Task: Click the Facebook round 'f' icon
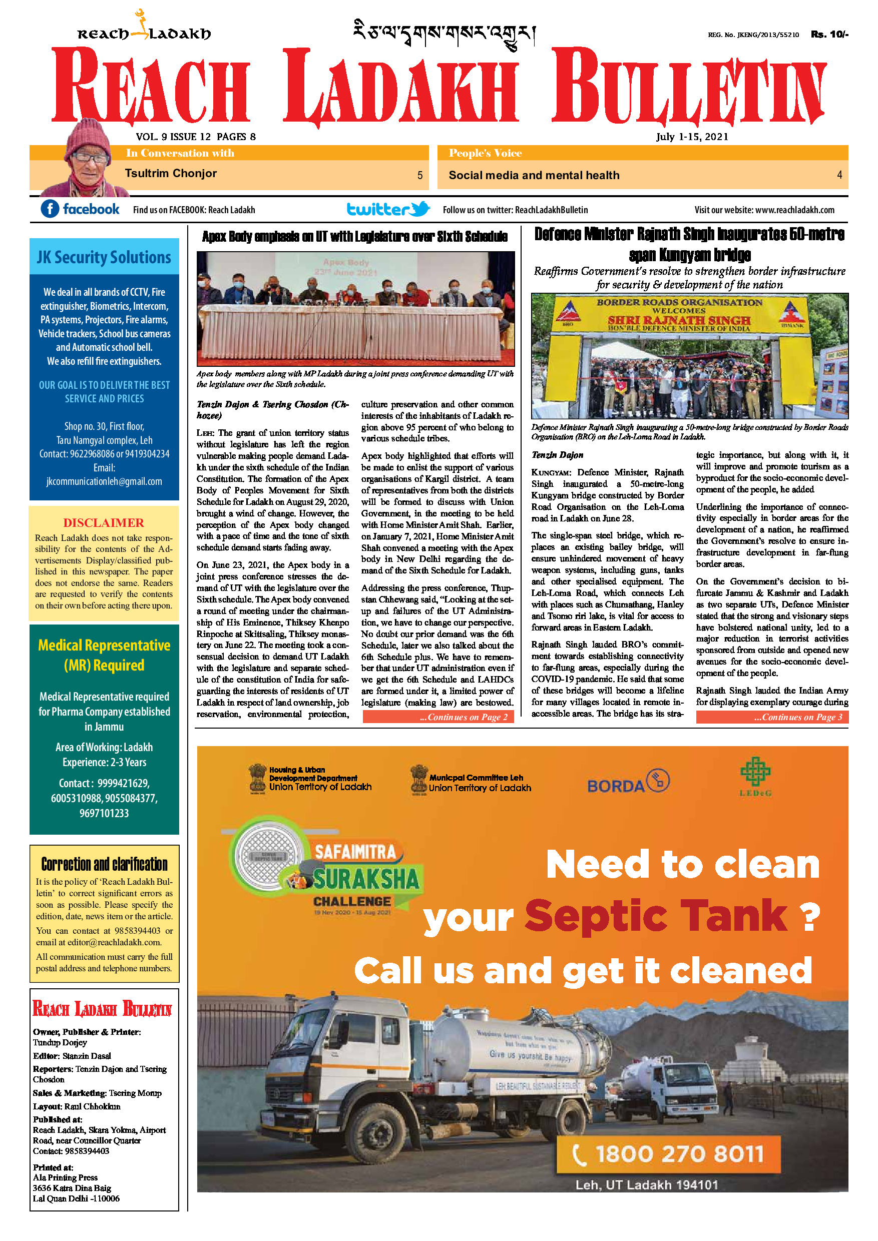pyautogui.click(x=50, y=209)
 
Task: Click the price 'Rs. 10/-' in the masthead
pyautogui.click(x=829, y=34)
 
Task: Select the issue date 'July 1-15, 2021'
pyautogui.click(x=692, y=137)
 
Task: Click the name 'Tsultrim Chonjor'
pyautogui.click(x=171, y=174)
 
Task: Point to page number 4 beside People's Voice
pyautogui.click(x=839, y=175)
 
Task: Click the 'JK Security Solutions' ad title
pyautogui.click(x=104, y=257)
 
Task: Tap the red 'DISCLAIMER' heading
pyautogui.click(x=104, y=522)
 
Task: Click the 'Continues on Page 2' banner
pyautogui.click(x=438, y=717)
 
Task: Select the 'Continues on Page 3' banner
pyautogui.click(x=772, y=717)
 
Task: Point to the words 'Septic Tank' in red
pyautogui.click(x=655, y=917)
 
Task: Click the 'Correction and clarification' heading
pyautogui.click(x=104, y=864)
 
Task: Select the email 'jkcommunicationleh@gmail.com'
pyautogui.click(x=104, y=481)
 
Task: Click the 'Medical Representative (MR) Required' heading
pyautogui.click(x=104, y=655)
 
